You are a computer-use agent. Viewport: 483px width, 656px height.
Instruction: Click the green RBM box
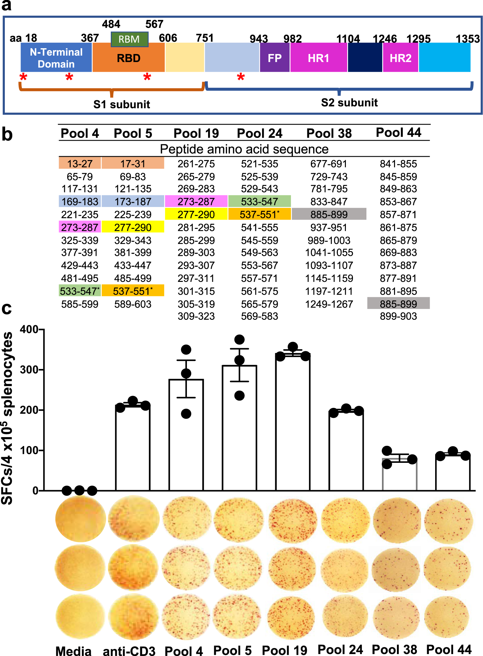tap(129, 39)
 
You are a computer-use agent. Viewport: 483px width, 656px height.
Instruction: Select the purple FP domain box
tap(275, 58)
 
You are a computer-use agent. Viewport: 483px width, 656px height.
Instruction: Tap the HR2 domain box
tap(400, 58)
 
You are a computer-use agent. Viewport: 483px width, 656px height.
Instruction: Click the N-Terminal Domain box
tap(56, 58)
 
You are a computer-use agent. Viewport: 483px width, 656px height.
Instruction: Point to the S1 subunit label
tap(122, 104)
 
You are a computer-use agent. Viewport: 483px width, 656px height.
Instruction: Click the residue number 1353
tap(468, 39)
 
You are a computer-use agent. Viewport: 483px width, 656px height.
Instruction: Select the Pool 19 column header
tap(196, 133)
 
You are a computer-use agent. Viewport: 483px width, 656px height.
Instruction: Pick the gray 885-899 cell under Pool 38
tap(329, 214)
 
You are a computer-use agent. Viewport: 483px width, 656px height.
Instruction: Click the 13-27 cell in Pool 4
tap(80, 164)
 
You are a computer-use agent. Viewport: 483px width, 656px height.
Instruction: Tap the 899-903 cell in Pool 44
tap(398, 316)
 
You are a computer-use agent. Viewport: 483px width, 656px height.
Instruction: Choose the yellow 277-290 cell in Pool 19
tap(196, 214)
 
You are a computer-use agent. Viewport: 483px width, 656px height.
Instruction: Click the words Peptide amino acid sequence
tap(244, 149)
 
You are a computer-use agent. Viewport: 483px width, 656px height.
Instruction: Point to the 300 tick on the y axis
tap(29, 370)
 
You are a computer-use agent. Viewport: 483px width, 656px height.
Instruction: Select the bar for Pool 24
tap(346, 450)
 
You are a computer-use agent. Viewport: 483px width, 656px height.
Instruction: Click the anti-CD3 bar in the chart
tap(133, 447)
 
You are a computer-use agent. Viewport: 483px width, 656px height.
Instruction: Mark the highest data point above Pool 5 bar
tap(239, 339)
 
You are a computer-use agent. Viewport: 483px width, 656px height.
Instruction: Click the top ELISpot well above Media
tap(80, 519)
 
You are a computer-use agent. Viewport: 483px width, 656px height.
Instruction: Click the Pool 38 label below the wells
tap(394, 649)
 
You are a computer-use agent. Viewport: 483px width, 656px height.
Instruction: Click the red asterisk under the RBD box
tap(147, 77)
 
